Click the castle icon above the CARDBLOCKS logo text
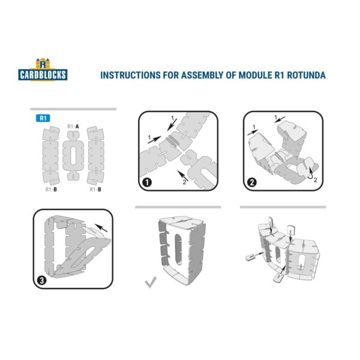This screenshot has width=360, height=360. click(41, 64)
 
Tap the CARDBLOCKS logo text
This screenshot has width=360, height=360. click(42, 75)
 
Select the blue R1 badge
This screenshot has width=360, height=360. click(42, 118)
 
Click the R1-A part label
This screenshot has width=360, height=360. click(74, 127)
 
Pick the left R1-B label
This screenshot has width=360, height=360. click(52, 190)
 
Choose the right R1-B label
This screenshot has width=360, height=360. click(95, 190)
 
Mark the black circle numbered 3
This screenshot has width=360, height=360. click(41, 280)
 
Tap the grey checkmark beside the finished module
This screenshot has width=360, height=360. click(151, 281)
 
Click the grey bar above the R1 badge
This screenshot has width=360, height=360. click(73, 109)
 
